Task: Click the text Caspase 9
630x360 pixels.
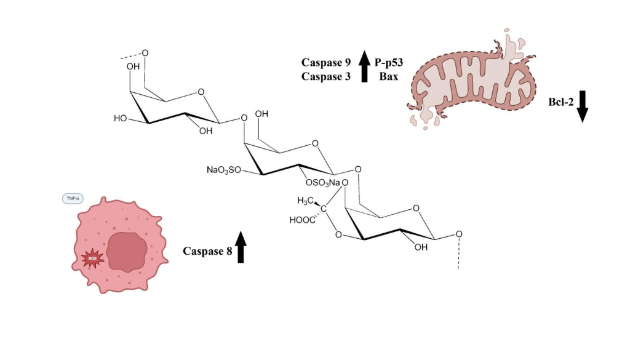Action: click(325, 62)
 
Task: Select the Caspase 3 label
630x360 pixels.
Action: click(325, 77)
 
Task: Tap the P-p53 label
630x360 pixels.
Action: click(389, 62)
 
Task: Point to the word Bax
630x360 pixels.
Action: click(388, 77)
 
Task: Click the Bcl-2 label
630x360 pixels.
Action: click(561, 102)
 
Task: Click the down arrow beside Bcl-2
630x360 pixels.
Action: click(582, 105)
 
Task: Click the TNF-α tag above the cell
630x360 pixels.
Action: click(73, 199)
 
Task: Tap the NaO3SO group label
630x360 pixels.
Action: click(224, 169)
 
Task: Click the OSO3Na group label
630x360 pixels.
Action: click(322, 182)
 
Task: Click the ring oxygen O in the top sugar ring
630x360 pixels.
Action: click(201, 94)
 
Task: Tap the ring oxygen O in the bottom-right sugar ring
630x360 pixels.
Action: click(418, 208)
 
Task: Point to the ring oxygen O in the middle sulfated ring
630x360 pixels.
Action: click(315, 145)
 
